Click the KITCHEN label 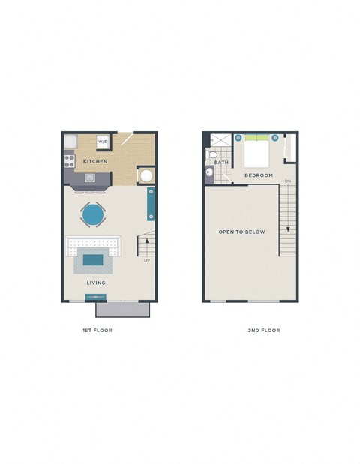coord(94,161)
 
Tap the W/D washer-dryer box coord(103,142)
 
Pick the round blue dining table coord(93,215)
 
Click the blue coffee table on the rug coord(94,260)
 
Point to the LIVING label coord(95,283)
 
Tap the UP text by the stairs coord(147,261)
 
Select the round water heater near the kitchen coord(145,176)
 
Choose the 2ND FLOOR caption coord(263,330)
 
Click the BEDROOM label coord(259,175)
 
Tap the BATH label coord(221,163)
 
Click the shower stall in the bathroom coord(220,140)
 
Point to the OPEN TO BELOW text coord(241,232)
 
